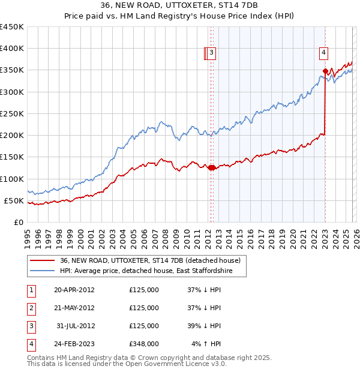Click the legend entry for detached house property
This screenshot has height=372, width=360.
(x=150, y=260)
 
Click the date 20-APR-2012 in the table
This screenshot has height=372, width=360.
(x=74, y=290)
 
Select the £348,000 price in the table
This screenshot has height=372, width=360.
(x=143, y=344)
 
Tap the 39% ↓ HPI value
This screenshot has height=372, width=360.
(x=203, y=326)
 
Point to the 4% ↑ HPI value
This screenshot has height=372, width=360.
(x=206, y=344)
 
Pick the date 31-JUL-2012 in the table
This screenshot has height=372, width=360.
(x=76, y=326)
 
